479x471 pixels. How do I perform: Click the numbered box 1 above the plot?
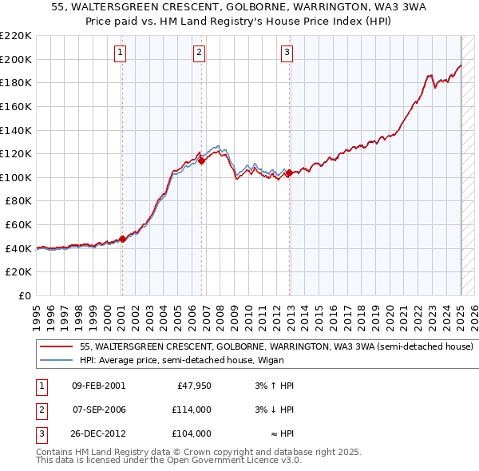point(120,53)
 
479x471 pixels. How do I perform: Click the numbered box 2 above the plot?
point(199,53)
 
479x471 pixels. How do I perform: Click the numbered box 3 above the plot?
point(287,53)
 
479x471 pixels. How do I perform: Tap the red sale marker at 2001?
point(122,238)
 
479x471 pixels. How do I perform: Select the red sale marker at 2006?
point(201,160)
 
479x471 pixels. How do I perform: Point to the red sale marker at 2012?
point(289,172)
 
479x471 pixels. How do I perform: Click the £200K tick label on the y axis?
point(16,59)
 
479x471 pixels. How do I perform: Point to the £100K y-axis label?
point(16,177)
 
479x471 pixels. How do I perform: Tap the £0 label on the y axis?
point(25,295)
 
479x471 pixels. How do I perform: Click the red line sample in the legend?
point(56,347)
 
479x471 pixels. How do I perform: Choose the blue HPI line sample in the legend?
point(56,360)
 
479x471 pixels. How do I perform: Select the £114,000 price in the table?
point(192,410)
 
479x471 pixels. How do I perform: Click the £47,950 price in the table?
point(194,386)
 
